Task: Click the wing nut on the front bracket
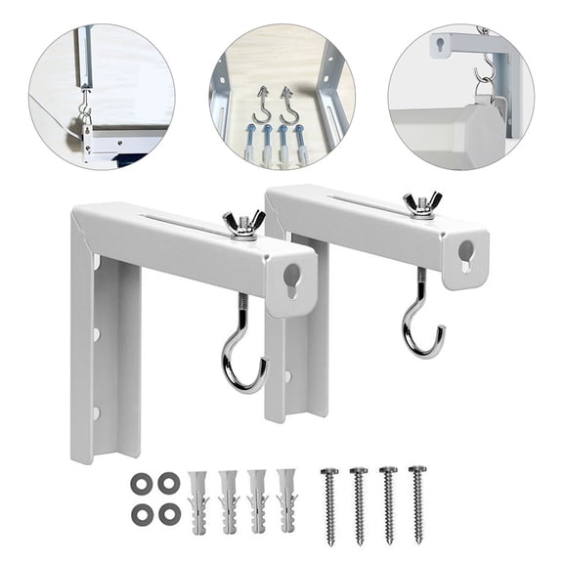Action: point(244,225)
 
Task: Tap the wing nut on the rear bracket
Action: point(421,203)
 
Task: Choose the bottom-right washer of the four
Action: point(169,511)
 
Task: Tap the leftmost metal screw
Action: point(329,504)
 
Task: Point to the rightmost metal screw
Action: point(417,503)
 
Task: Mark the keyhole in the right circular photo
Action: point(446,43)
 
